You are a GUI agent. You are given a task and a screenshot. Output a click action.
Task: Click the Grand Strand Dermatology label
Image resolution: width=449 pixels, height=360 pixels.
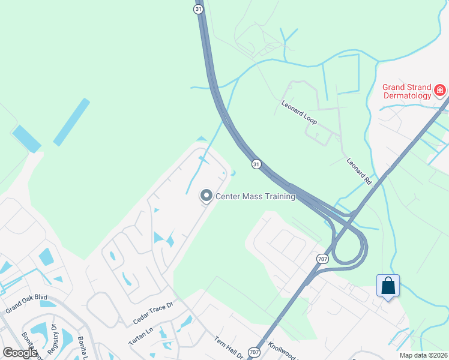(x=407, y=91)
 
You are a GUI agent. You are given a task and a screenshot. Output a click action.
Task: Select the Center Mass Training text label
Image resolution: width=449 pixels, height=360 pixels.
(x=255, y=196)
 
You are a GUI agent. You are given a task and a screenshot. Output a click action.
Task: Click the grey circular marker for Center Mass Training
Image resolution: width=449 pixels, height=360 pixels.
(x=206, y=196)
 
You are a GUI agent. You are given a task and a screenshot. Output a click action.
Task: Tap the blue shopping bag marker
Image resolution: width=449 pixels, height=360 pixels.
(x=388, y=286)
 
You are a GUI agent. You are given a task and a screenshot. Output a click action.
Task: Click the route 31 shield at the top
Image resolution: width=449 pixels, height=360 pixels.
(x=199, y=8)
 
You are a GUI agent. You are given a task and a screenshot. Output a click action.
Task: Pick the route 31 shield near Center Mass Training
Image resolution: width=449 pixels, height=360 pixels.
(x=256, y=164)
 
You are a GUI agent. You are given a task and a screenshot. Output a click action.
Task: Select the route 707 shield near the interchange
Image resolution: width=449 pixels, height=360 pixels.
(x=322, y=259)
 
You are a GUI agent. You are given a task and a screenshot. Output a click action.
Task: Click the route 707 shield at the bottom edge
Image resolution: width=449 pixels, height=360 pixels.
(x=255, y=353)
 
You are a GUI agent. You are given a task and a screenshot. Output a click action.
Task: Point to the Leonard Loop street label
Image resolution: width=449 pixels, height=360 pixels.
(x=299, y=112)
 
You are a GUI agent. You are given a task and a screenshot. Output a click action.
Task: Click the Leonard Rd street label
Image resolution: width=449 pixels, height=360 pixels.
(x=359, y=170)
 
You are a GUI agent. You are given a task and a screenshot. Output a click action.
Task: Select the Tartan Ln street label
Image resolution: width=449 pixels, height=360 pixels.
(x=142, y=336)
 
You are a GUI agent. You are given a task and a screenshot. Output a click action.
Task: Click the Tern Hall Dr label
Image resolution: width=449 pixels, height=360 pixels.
(x=228, y=347)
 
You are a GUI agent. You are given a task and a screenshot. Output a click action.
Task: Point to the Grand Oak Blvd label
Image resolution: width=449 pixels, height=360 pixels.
(x=26, y=306)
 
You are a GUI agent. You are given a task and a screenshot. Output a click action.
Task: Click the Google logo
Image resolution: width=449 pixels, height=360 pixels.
(x=20, y=353)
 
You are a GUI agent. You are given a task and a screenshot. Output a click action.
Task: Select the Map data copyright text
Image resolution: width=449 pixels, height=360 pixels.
(x=424, y=355)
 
